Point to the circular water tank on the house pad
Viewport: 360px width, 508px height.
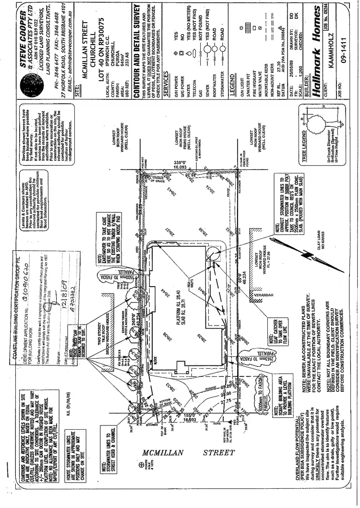click(x=211, y=253)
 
